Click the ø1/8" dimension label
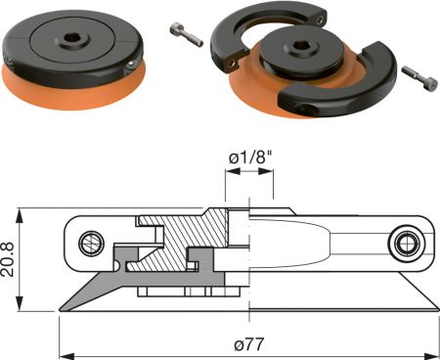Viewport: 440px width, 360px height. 250,157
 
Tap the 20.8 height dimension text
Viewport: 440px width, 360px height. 8,259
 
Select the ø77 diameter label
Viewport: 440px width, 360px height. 248,344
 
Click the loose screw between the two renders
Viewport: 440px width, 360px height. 187,34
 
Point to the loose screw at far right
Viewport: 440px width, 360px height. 419,78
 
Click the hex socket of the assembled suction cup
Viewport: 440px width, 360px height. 70,38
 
